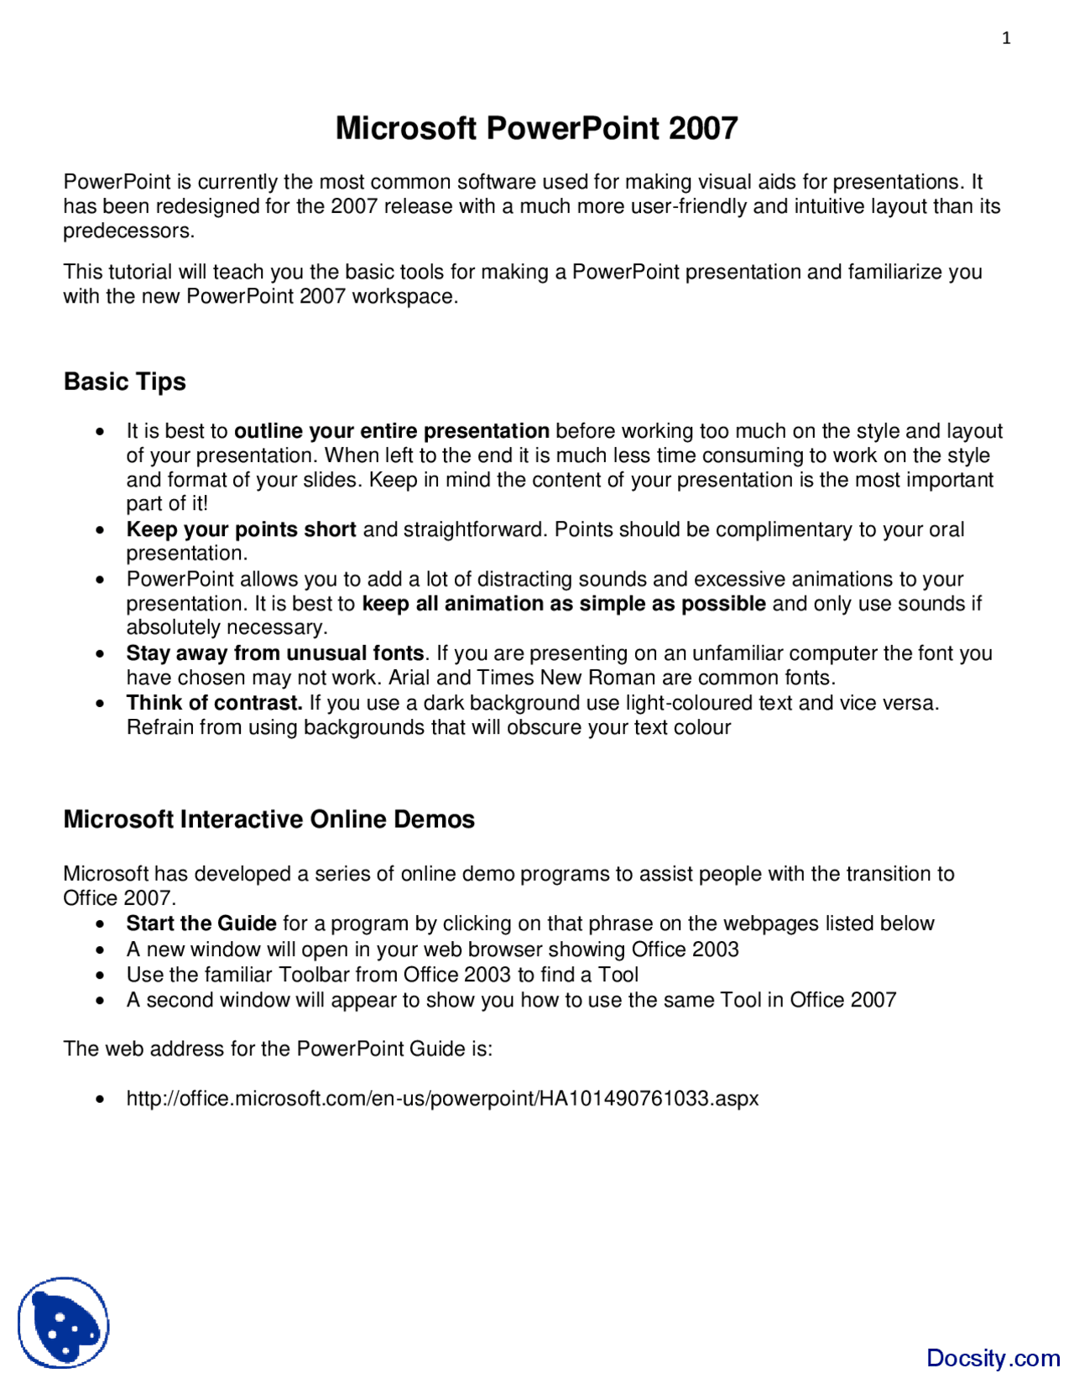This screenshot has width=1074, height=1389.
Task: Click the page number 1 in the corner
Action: [1006, 38]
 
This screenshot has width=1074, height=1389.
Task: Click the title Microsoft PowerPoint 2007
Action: [536, 128]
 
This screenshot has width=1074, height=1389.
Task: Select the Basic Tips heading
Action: [125, 382]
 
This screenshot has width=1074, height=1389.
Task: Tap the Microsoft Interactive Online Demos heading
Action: [268, 819]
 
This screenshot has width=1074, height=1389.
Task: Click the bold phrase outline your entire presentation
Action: [391, 431]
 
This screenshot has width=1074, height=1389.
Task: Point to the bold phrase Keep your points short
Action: [241, 529]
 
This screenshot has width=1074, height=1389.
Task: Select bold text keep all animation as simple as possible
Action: [563, 604]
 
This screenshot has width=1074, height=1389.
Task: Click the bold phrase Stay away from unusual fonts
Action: [275, 653]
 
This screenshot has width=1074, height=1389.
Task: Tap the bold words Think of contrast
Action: [214, 703]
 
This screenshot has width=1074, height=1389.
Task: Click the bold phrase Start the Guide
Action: [201, 923]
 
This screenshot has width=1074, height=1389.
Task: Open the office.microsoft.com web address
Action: [442, 1099]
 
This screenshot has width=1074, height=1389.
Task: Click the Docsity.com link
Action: [993, 1358]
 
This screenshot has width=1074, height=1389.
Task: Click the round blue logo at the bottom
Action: [64, 1323]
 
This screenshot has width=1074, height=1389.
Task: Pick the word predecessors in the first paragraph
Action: [128, 231]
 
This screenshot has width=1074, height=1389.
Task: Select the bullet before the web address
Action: [101, 1099]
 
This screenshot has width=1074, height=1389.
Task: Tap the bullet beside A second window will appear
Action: [101, 1001]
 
